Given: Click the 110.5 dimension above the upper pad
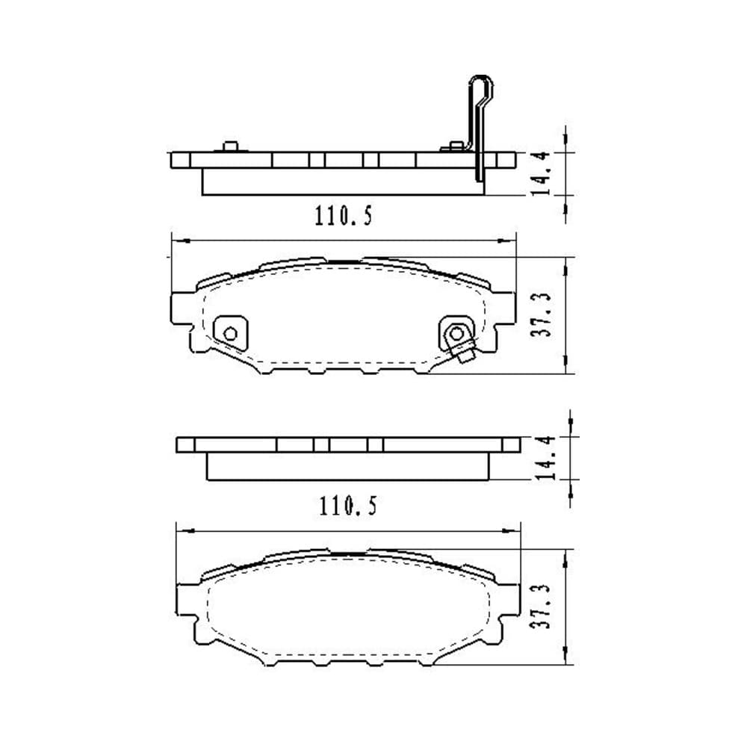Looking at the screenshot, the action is [344, 216].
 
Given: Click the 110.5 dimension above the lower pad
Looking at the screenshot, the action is [348, 506].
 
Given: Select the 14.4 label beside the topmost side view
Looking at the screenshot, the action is [541, 173].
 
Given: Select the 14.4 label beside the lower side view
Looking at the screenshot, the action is [546, 457].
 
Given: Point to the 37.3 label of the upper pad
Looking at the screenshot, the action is [541, 315].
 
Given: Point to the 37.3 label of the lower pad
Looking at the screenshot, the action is [540, 607].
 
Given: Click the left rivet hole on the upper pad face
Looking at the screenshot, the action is [231, 333].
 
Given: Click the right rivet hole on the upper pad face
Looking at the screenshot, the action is [456, 333].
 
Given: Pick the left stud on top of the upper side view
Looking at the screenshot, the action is [231, 146].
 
